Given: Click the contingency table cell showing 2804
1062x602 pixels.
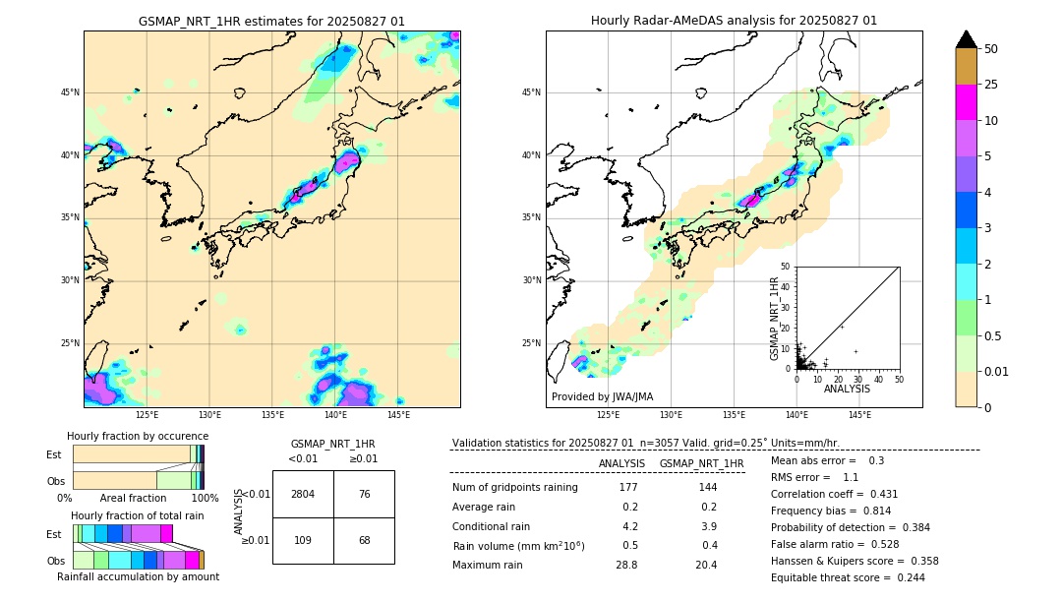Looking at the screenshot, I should (x=303, y=494).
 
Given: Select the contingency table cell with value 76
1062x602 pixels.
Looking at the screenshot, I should (x=364, y=494).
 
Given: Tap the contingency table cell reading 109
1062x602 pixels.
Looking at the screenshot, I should (x=303, y=540).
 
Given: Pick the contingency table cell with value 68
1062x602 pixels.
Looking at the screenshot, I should (x=364, y=540).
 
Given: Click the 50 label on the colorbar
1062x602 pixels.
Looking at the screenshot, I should (x=991, y=49).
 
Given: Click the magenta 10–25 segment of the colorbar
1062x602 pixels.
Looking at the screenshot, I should (x=967, y=102).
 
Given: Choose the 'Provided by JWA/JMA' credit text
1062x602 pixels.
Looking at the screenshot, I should (x=602, y=397).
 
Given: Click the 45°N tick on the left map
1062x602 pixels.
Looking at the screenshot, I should (x=70, y=92).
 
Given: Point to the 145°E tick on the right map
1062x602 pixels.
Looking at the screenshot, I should (x=859, y=415).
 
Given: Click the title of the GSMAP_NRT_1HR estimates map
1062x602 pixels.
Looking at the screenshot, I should (x=271, y=21).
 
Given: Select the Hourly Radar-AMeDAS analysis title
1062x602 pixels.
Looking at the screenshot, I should (x=734, y=21).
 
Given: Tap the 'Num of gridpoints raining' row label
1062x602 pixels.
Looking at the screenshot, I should (x=514, y=488).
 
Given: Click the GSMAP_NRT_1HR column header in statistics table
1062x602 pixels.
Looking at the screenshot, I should (x=701, y=463).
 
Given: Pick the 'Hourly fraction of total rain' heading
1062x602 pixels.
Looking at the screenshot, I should (x=137, y=515).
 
